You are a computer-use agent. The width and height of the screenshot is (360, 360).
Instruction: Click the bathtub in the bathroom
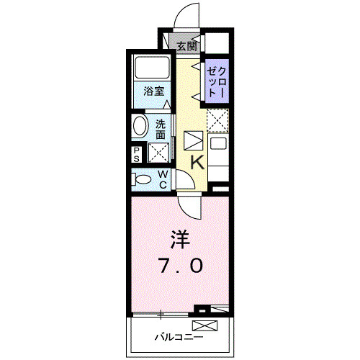coord(152,69)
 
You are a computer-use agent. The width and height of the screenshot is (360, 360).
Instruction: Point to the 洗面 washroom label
coord(161,128)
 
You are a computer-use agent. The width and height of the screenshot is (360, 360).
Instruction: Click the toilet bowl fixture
coord(143,179)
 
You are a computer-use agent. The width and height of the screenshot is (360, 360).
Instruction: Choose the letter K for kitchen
coord(197,163)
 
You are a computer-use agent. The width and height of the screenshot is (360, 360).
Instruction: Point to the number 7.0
coord(181,266)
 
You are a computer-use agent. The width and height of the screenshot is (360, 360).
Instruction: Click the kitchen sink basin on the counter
coord(218,142)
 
